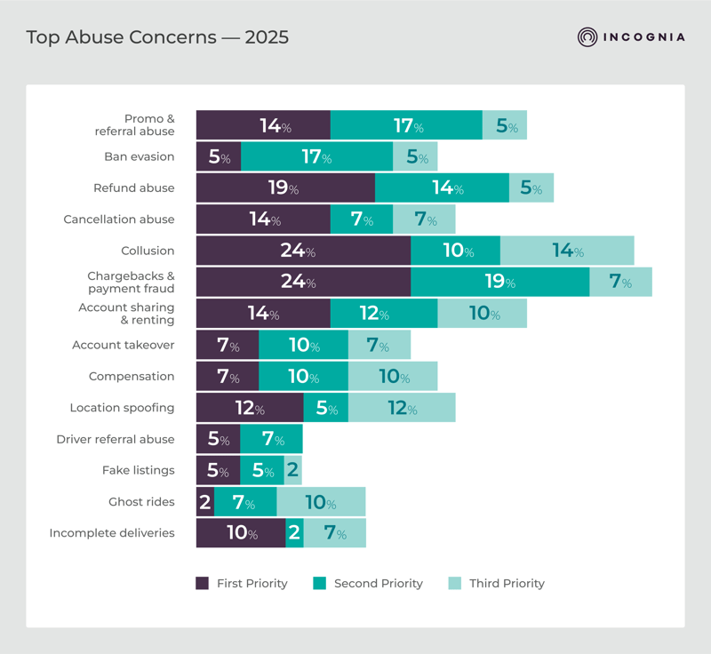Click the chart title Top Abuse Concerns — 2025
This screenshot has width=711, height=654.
[157, 37]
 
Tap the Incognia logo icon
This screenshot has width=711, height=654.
[587, 37]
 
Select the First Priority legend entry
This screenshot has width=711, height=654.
[242, 584]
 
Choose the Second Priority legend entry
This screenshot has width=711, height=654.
[368, 584]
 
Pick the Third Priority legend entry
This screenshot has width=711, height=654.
[496, 584]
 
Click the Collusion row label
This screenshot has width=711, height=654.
[148, 251]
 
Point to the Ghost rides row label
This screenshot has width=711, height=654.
[141, 502]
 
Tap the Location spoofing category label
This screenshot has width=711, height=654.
[122, 408]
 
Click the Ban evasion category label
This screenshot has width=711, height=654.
[139, 156]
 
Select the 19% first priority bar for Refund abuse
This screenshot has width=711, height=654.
[285, 188]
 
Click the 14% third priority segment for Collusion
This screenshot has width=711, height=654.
[567, 251]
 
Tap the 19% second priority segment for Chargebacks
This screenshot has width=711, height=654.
[499, 282]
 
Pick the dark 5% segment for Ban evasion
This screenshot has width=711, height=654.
[219, 156]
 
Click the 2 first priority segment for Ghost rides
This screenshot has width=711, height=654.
[205, 502]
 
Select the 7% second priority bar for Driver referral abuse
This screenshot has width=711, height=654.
[272, 439]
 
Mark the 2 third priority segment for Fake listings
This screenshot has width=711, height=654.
[293, 471]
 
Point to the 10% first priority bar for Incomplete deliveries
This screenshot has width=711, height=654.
[241, 533]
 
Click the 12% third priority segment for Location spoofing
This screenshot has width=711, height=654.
[402, 408]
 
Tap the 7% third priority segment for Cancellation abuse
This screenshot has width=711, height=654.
[424, 219]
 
